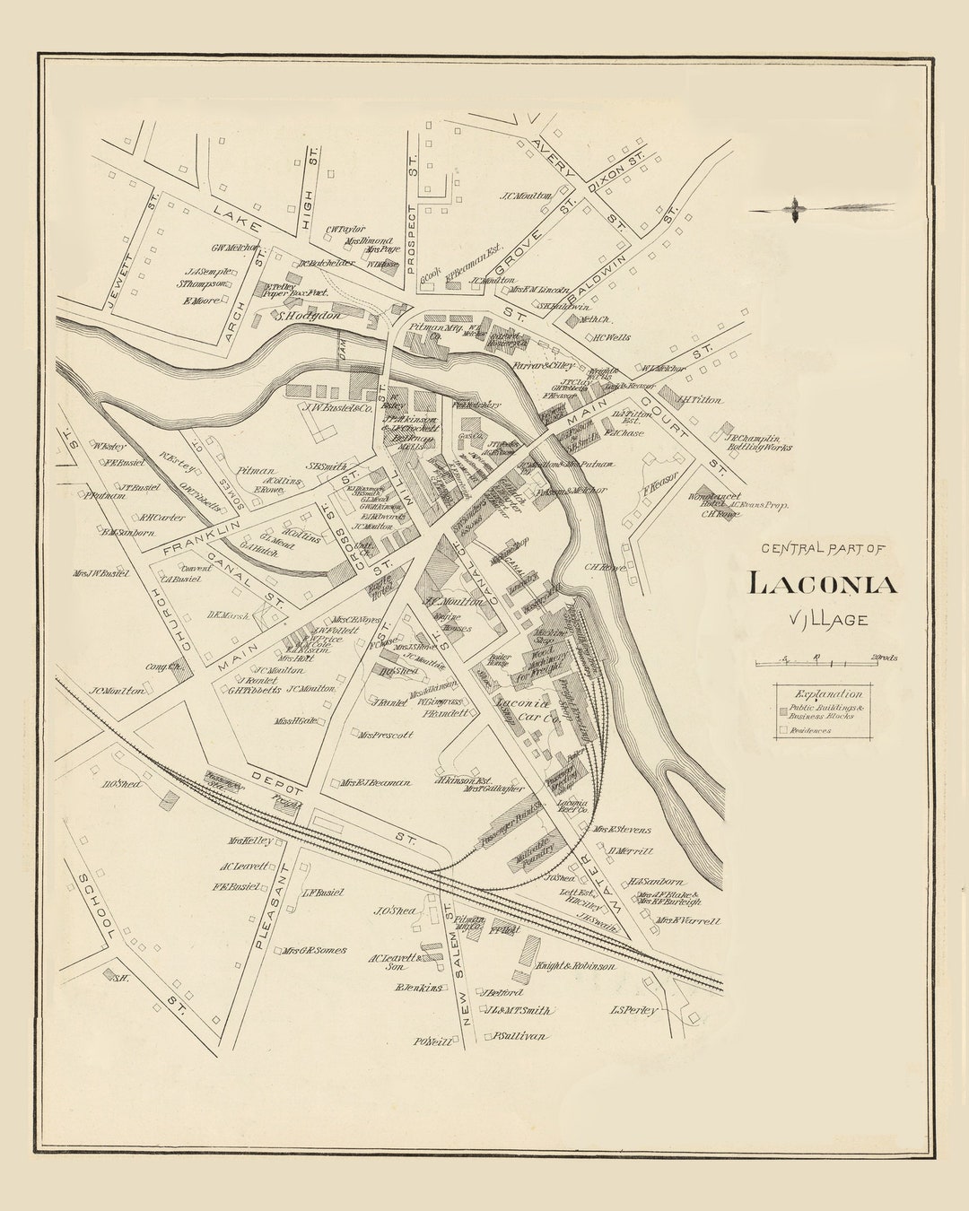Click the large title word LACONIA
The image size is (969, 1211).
pos(822,584)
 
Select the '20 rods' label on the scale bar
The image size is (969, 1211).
pos(883,658)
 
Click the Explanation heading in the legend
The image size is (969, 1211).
pos(827,693)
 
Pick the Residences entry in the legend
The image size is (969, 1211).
pos(809,730)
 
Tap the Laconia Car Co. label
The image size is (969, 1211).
pos(527,710)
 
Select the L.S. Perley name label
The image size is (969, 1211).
pos(633,1010)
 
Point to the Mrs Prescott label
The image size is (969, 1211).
pos(386,735)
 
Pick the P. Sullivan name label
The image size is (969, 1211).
pos(518,1035)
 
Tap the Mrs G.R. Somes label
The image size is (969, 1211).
pos(313,950)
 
